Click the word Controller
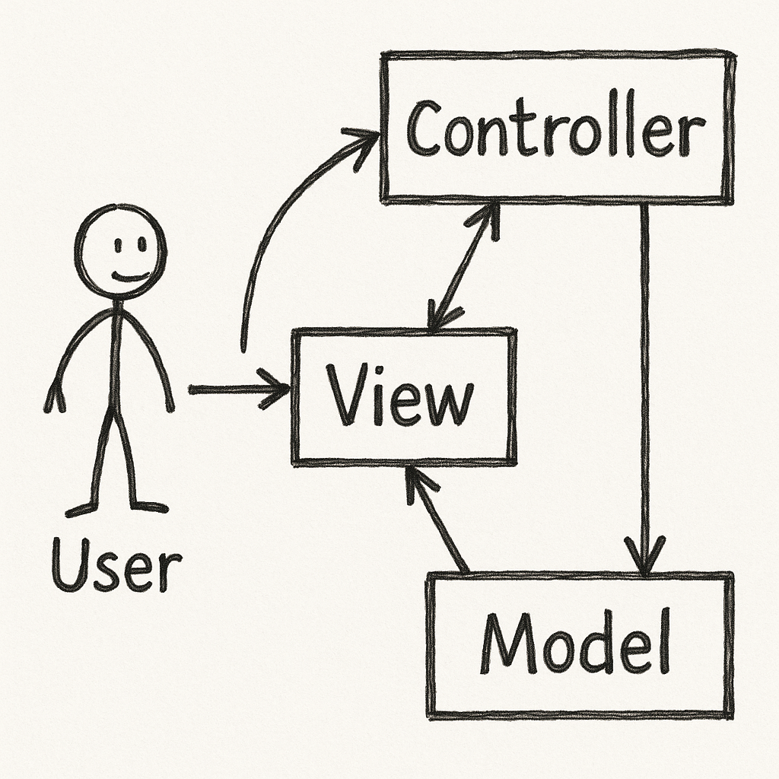coord(553,130)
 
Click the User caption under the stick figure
coord(116,564)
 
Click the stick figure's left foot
coord(80,510)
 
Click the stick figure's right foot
coord(150,506)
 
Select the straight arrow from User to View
coord(236,389)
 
